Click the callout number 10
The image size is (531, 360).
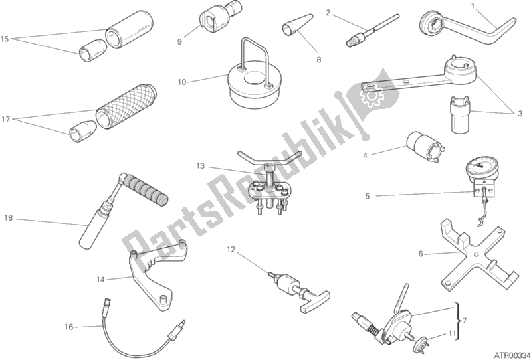[182, 82]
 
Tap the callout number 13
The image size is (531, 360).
[200, 166]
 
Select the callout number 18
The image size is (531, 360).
[8, 218]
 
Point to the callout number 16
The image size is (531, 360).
[68, 327]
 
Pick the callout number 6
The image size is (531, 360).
[421, 254]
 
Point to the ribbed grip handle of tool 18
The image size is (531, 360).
[145, 187]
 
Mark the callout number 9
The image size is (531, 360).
[179, 42]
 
